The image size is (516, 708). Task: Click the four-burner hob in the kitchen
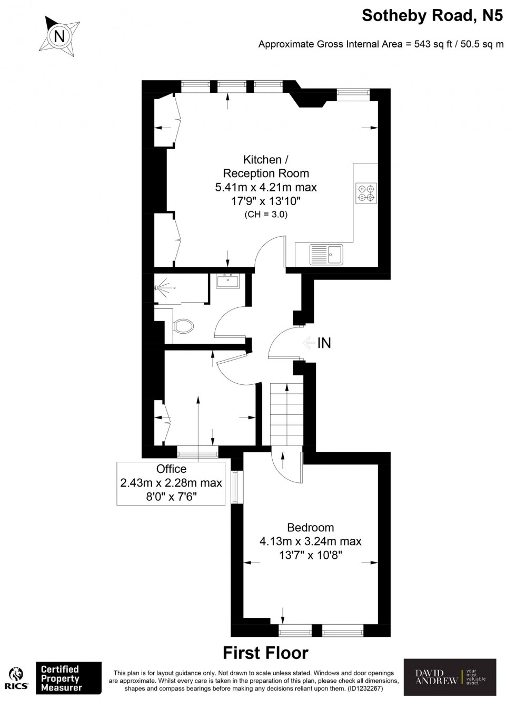[366, 193]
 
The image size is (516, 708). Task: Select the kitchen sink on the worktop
[326, 254]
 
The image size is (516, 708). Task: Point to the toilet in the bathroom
[182, 326]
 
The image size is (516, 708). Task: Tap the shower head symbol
[158, 288]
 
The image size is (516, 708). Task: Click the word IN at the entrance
[324, 343]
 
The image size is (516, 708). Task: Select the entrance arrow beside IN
[309, 343]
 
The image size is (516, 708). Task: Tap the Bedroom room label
[310, 527]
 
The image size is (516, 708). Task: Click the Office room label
[171, 469]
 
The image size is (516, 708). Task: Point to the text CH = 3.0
[266, 215]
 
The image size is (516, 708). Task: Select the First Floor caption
[265, 653]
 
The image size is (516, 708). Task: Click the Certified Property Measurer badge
[68, 678]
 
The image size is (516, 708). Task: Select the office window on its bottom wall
[197, 451]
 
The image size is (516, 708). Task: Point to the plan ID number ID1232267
[358, 688]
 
